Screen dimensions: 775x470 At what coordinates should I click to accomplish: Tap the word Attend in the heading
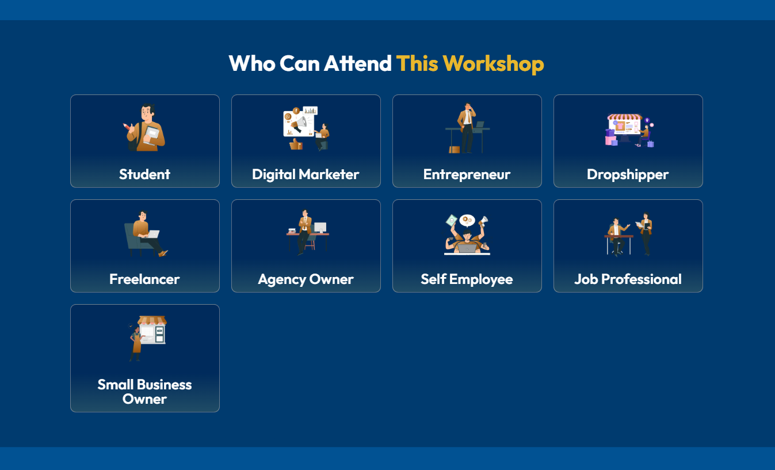357,64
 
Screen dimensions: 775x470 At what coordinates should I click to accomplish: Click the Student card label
144,174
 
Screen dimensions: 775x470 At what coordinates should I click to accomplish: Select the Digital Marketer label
306,175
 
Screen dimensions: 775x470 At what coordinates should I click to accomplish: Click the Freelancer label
144,279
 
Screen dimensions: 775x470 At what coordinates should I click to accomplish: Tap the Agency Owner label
306,279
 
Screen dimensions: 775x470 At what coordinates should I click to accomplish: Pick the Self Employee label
467,279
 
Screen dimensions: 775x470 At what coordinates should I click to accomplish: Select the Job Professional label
628,279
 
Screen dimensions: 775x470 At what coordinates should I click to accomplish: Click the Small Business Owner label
144,392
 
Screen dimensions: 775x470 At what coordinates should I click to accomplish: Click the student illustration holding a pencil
144,127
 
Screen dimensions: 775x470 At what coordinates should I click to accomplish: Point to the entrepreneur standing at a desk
467,128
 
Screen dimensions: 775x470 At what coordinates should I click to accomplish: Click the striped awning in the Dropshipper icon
625,117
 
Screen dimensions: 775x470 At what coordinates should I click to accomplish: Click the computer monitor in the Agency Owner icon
320,228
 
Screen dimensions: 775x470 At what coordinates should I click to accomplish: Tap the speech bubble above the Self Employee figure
467,220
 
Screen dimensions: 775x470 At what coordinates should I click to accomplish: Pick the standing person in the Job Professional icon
646,234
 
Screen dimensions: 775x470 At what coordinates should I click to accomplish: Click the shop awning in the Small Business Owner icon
152,320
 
